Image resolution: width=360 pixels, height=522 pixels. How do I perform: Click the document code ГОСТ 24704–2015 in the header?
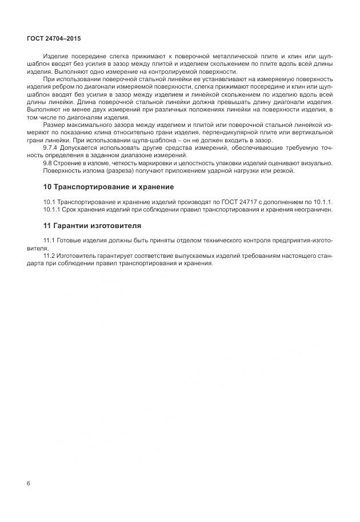coord(54,39)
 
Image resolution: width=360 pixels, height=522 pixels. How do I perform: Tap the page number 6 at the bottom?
coord(29,483)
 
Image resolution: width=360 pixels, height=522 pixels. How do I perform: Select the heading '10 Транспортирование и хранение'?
coord(109,187)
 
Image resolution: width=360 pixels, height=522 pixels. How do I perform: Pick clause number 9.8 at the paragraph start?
coord(48,163)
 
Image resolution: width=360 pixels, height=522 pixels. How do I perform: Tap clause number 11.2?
coord(50,256)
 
